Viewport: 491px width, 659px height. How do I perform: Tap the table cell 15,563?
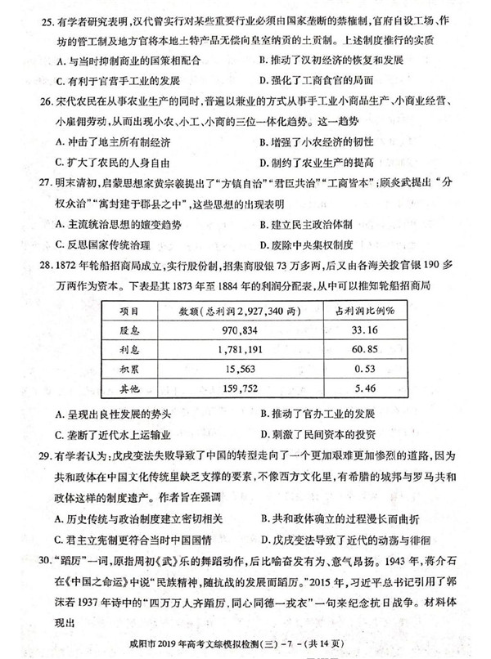click(229, 369)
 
